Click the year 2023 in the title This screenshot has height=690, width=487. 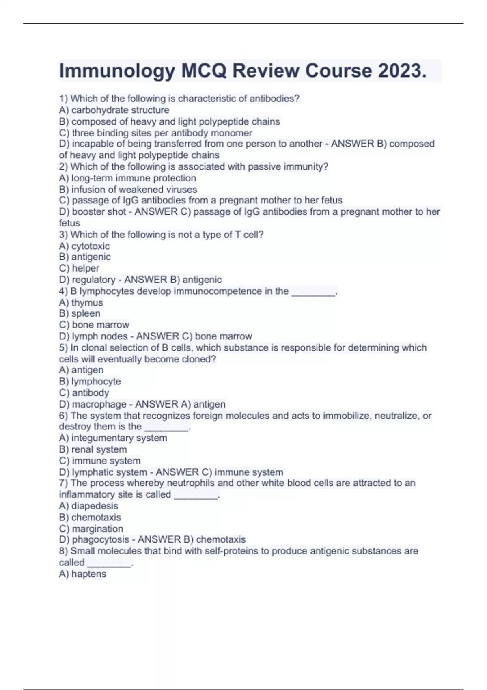[402, 71]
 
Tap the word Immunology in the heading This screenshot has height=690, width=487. [117, 71]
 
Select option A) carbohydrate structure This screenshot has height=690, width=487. [114, 110]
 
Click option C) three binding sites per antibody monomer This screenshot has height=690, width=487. [155, 133]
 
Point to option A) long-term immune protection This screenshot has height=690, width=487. [127, 178]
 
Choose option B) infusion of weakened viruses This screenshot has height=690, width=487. [128, 189]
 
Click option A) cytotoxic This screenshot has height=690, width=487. [84, 246]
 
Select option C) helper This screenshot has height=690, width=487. [79, 268]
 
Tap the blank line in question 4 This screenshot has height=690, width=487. [313, 293]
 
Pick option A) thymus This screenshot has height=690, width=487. [81, 302]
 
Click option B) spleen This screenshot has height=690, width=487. [80, 313]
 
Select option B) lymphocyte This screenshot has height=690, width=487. [90, 381]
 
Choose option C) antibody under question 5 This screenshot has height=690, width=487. [84, 392]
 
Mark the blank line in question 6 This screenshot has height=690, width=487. [166, 428]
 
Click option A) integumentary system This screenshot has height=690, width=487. [113, 438]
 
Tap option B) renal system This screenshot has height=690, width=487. [93, 449]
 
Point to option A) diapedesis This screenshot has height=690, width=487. [88, 506]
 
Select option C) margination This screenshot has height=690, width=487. [91, 528]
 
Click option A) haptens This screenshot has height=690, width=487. [82, 574]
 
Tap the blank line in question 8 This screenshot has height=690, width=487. [110, 565]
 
